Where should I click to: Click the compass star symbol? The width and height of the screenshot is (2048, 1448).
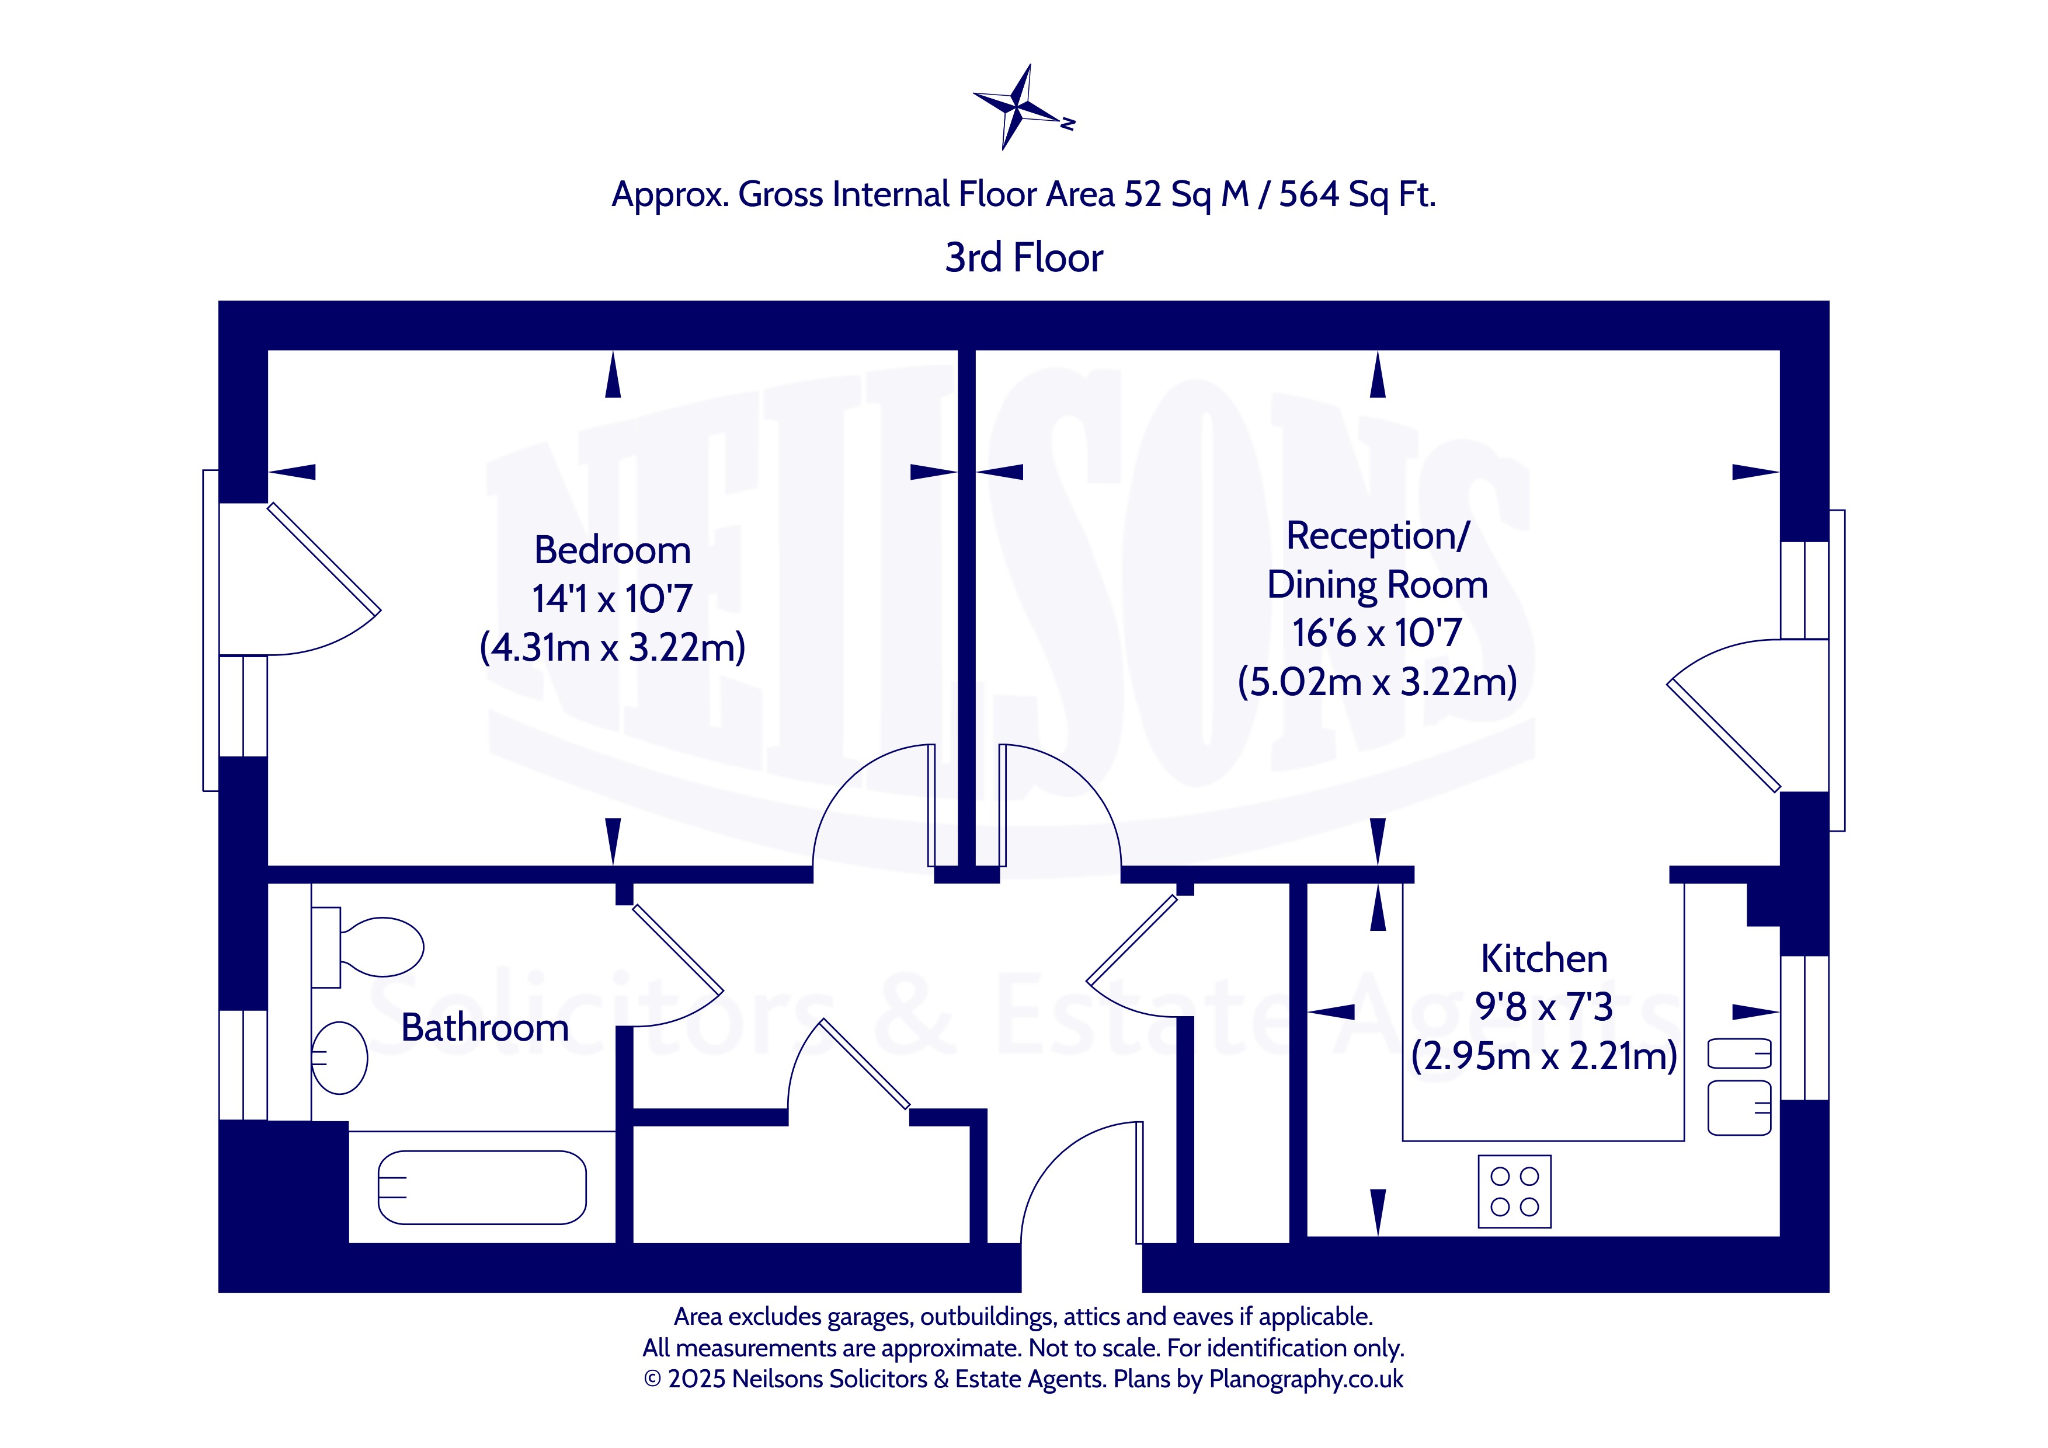pos(1016,106)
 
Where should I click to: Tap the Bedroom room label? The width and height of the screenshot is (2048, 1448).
pos(612,550)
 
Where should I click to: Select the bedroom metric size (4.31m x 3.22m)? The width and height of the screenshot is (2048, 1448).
pos(612,647)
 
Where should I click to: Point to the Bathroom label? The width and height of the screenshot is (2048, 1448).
pos(484,1028)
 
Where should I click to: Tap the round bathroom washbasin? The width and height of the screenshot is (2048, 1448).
pos(340,1058)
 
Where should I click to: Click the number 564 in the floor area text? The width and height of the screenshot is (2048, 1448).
pos(1309,194)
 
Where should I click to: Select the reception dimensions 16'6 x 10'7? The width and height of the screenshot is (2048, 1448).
pos(1376,633)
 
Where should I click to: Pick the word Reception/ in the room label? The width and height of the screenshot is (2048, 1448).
pos(1376,536)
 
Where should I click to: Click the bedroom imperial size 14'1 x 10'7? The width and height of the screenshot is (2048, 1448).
pos(612,599)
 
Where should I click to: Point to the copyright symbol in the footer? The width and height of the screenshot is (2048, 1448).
pos(652,1379)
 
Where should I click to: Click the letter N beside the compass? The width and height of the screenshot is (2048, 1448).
pos(1067,124)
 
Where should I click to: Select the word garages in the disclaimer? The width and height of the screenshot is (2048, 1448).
pos(870,1317)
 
